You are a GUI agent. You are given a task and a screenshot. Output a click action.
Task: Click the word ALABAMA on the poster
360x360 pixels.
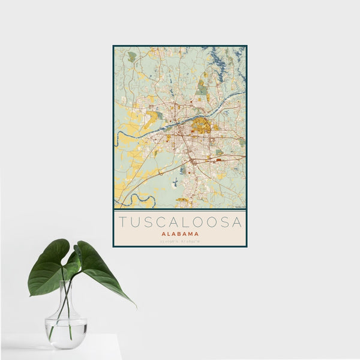tap(180, 234)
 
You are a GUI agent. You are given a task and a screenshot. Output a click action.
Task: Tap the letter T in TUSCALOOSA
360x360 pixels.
tap(122, 222)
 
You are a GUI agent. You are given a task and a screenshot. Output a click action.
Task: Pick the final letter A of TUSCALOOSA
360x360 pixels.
tap(238, 222)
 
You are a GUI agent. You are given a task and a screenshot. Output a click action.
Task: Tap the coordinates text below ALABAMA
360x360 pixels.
tap(180, 242)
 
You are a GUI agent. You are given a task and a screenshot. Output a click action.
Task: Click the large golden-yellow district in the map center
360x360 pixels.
tap(201, 125)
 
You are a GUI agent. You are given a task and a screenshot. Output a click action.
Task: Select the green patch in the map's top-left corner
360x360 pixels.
tap(131, 56)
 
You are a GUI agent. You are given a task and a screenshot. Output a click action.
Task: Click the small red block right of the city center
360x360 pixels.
tap(218, 160)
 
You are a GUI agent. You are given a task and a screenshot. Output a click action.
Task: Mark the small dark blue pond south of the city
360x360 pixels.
tap(175, 182)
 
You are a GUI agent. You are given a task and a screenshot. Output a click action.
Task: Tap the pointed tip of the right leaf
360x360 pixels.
tap(134, 305)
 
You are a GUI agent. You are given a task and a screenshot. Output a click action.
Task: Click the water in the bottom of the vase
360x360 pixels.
tap(65, 333)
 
